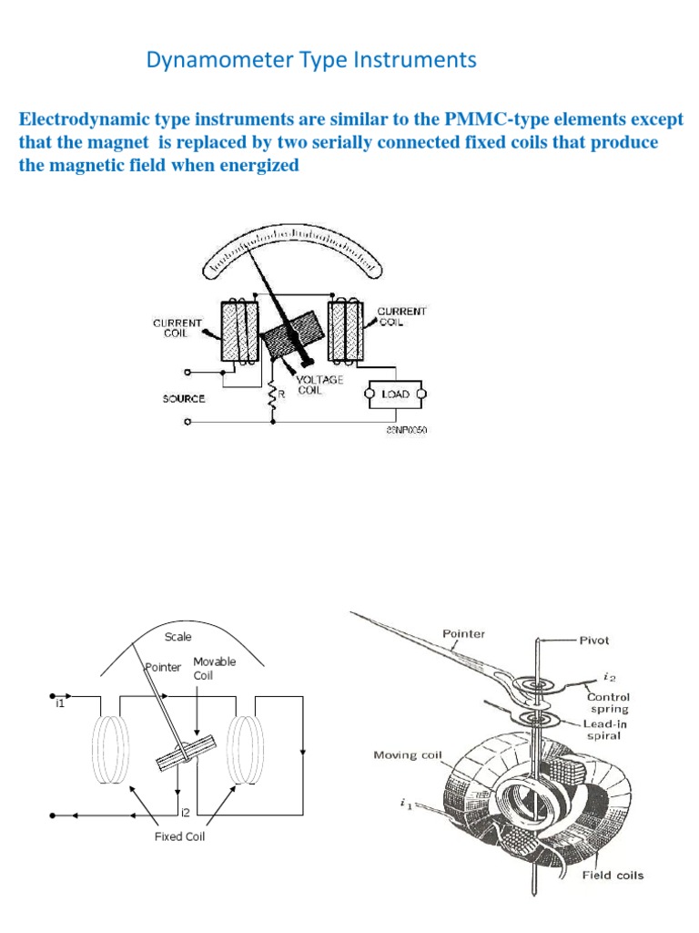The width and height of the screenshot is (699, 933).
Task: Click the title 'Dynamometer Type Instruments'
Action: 311,61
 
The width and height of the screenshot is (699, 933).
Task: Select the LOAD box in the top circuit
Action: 395,394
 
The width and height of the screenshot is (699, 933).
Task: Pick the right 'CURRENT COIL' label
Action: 402,316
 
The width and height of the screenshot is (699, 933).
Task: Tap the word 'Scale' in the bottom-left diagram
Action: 178,637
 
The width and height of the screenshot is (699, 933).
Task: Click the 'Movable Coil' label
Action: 214,669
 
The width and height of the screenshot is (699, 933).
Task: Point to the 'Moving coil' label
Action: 408,754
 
